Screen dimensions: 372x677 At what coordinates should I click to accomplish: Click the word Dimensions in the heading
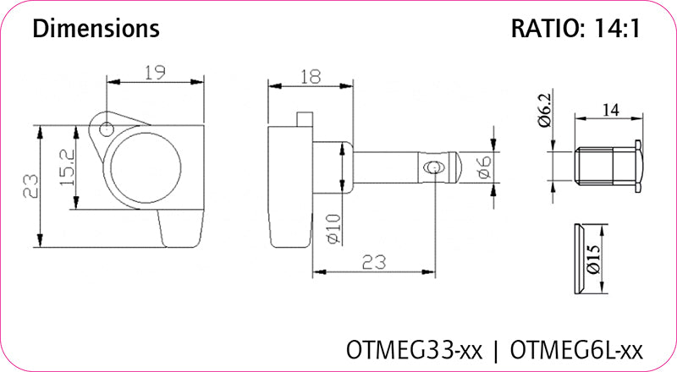[x=96, y=29]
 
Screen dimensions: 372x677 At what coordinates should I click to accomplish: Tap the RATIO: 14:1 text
[x=575, y=29]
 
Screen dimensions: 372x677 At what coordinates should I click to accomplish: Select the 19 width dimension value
[x=153, y=74]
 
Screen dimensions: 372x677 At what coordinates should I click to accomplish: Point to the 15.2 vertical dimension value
[x=67, y=168]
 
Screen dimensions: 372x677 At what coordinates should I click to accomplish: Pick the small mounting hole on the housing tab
[x=107, y=129]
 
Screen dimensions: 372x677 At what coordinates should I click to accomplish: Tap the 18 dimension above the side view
[x=311, y=78]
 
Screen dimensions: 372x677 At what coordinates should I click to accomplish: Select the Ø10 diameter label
[x=333, y=226]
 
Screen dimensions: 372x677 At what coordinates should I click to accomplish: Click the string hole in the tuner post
[x=433, y=167]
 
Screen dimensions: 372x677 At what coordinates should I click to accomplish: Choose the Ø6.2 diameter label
[x=543, y=111]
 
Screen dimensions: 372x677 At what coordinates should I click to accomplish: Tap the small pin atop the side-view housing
[x=305, y=121]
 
